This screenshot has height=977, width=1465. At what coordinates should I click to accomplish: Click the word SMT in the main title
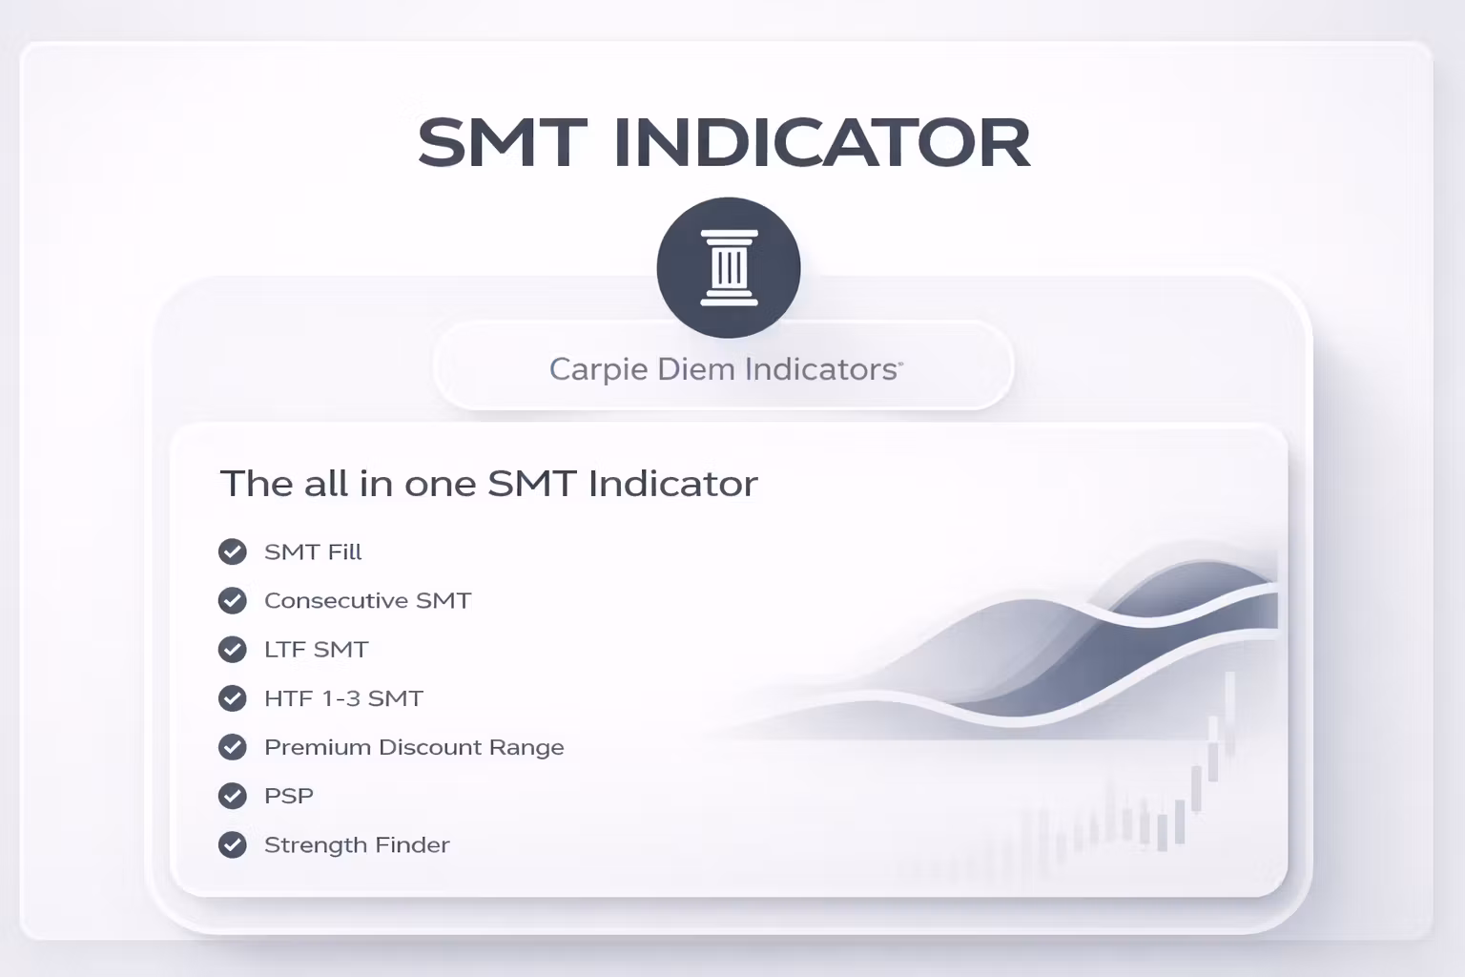(502, 143)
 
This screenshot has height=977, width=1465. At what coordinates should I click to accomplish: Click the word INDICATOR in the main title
(821, 143)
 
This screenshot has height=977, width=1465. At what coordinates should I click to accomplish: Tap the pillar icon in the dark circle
(729, 268)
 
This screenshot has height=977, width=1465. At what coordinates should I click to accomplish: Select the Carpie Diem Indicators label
(724, 369)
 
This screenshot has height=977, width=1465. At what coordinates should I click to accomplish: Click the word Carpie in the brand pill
(584, 369)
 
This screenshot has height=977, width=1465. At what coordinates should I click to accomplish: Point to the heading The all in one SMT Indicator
(488, 484)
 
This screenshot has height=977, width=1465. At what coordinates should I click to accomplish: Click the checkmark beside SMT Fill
(233, 552)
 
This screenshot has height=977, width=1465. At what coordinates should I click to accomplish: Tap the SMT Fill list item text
(313, 552)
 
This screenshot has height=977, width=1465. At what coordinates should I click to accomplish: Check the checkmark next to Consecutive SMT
(233, 601)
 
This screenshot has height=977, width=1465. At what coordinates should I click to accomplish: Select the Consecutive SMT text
(367, 601)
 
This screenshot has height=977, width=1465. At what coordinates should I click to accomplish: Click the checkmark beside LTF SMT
(233, 650)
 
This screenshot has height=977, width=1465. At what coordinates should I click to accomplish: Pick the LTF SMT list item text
(316, 650)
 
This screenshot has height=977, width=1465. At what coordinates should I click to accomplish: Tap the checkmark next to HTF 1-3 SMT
(233, 698)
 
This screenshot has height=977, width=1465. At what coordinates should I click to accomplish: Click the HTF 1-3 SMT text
(343, 698)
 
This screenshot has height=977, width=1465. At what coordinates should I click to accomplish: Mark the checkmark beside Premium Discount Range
(233, 747)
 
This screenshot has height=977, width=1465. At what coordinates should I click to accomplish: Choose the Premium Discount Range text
(414, 747)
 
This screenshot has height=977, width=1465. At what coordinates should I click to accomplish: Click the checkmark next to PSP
(233, 796)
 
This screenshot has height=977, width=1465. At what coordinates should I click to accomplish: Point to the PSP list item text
(288, 796)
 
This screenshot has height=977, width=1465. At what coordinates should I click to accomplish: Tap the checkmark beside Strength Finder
(233, 845)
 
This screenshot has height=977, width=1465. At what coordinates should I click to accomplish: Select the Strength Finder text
(357, 845)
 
